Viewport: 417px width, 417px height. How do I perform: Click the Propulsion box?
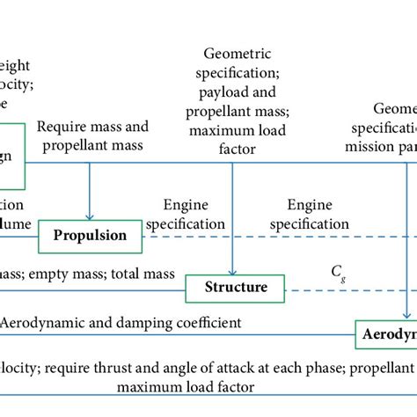[x=90, y=236]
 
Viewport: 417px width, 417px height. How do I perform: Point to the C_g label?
[x=338, y=272]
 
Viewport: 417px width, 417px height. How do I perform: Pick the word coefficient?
[x=204, y=324]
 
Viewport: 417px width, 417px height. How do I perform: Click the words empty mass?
[x=49, y=274]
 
